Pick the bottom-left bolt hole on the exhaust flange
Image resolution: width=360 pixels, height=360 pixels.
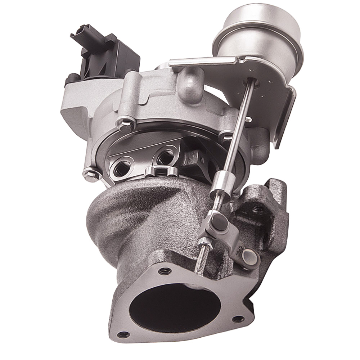[123, 334]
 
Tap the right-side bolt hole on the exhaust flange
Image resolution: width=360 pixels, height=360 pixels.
[238, 318]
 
